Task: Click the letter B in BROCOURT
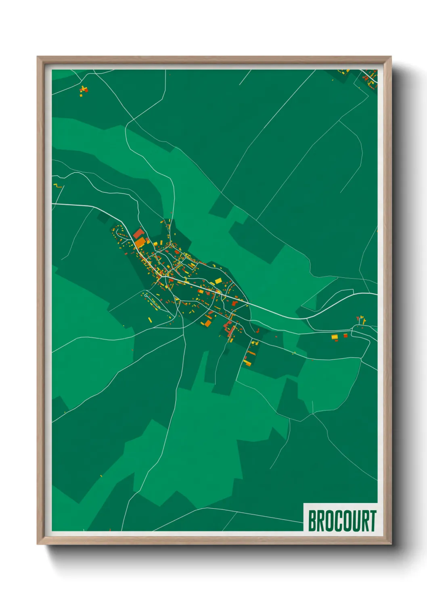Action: (x=312, y=521)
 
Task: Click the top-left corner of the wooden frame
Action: (x=38, y=57)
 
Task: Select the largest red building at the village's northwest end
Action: (x=138, y=234)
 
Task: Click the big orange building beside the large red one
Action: (x=140, y=242)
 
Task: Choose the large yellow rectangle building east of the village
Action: (x=334, y=337)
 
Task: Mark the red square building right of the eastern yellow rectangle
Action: (x=345, y=335)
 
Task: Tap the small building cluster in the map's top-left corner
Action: (x=83, y=90)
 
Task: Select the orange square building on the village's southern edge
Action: (x=207, y=323)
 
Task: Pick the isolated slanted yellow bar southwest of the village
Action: (x=150, y=320)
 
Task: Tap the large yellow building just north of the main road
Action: (x=218, y=281)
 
